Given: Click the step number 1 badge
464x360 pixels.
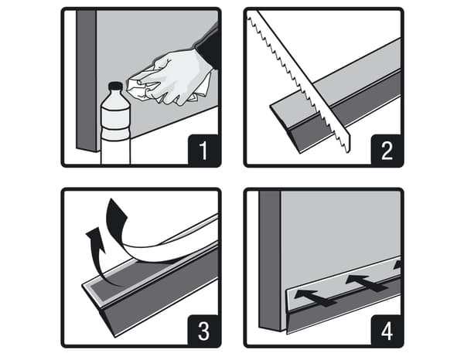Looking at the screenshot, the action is tap(204, 150).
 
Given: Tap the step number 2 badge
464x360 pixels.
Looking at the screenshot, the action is tap(387, 150).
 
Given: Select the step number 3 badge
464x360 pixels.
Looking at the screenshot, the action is tap(204, 331).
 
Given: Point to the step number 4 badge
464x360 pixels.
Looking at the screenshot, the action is tap(387, 331).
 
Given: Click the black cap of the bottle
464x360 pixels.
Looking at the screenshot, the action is tap(115, 87).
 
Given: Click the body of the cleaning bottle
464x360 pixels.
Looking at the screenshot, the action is tap(115, 130).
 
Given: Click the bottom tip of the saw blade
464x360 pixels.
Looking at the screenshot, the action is tap(346, 152).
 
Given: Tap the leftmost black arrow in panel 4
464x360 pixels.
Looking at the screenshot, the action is tap(314, 297).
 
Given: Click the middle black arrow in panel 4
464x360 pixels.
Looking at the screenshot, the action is tap(367, 284).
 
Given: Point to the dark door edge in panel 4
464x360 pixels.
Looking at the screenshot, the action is tap(270, 260).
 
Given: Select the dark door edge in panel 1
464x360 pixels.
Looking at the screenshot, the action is tap(86, 80).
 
